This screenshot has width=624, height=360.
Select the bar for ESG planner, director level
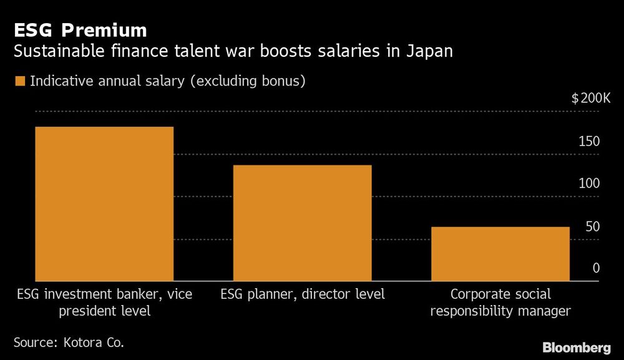[x=302, y=223]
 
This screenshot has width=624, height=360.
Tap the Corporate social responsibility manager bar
[x=500, y=254]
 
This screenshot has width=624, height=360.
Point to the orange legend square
[x=21, y=81]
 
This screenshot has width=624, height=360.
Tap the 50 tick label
[x=592, y=226]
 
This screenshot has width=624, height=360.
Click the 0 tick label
[x=596, y=268]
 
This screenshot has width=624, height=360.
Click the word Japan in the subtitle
[x=431, y=51]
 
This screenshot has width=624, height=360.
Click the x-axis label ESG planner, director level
[x=302, y=294]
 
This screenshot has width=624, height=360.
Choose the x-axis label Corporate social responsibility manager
[x=500, y=302]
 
